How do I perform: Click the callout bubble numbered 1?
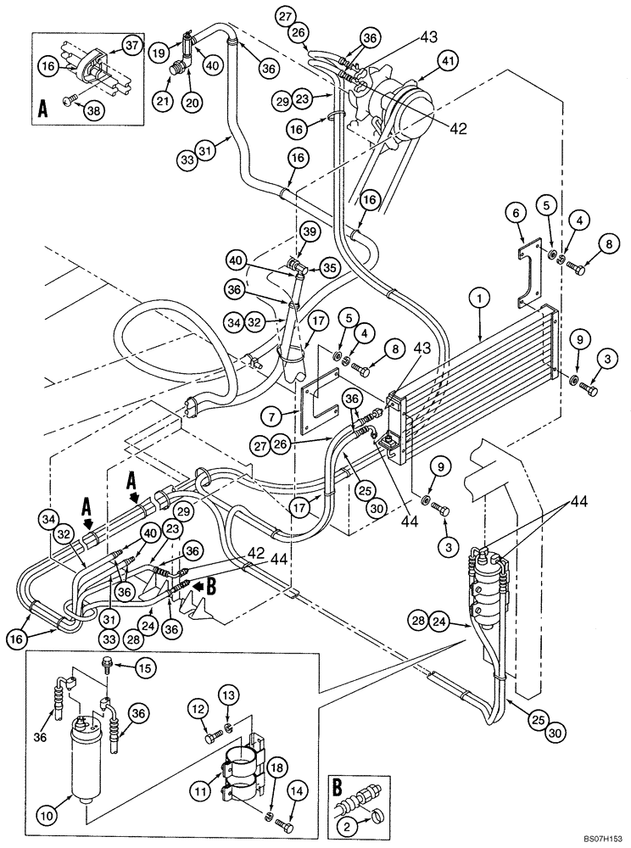(x=479, y=298)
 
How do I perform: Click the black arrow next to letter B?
(x=198, y=583)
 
